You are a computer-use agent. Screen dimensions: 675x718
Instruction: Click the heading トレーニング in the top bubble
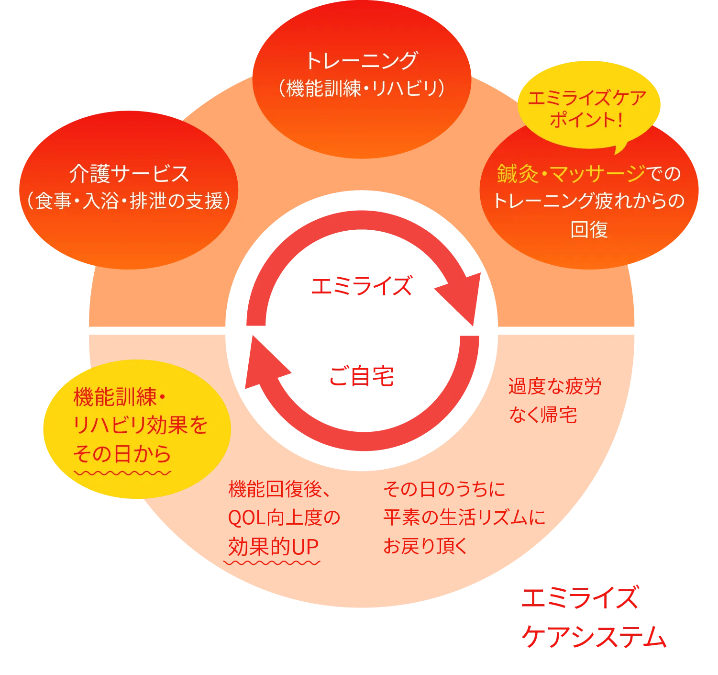click(x=362, y=61)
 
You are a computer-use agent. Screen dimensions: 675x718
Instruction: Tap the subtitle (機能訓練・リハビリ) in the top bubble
click(x=362, y=88)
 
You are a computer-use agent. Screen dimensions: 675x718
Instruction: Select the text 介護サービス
click(x=129, y=173)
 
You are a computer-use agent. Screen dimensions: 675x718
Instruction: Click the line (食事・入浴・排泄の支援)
click(x=129, y=201)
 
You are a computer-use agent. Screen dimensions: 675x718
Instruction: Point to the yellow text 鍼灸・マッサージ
click(x=571, y=173)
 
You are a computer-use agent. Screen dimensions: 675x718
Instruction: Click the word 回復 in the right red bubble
click(x=589, y=229)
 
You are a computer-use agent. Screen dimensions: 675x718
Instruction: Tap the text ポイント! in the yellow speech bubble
click(x=586, y=120)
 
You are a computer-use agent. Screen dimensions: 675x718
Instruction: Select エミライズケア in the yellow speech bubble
click(x=587, y=99)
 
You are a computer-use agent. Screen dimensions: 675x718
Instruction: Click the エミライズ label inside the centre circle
click(x=361, y=286)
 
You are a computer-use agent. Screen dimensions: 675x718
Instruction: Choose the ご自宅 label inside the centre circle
click(x=361, y=376)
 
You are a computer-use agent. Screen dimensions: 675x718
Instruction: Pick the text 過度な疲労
click(x=554, y=386)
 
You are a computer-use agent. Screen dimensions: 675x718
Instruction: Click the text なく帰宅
click(x=543, y=414)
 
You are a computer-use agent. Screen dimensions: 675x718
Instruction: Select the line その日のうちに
click(x=444, y=489)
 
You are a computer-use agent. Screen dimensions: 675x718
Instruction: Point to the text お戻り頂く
click(x=425, y=546)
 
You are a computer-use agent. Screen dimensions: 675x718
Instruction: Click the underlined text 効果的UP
click(x=274, y=546)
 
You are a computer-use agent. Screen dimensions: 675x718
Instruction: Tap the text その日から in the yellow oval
click(x=122, y=453)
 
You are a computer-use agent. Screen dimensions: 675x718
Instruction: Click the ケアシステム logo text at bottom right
click(x=594, y=637)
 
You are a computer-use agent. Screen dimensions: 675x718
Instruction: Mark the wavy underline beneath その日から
click(x=122, y=473)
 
